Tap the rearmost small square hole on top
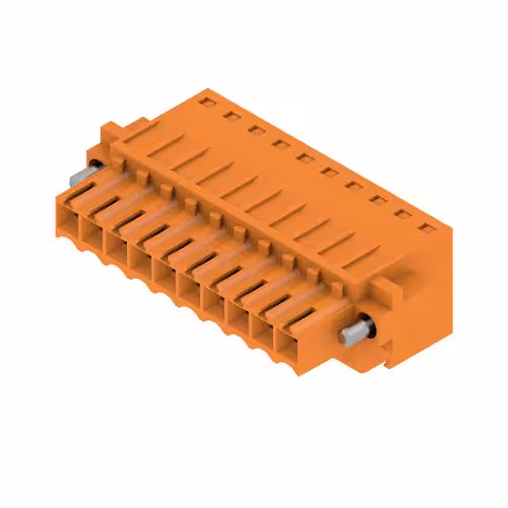tap(208, 102)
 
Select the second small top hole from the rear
tap(232, 116)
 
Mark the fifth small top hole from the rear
tap(305, 157)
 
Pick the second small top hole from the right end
tap(404, 214)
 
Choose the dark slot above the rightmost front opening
tap(298, 316)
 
